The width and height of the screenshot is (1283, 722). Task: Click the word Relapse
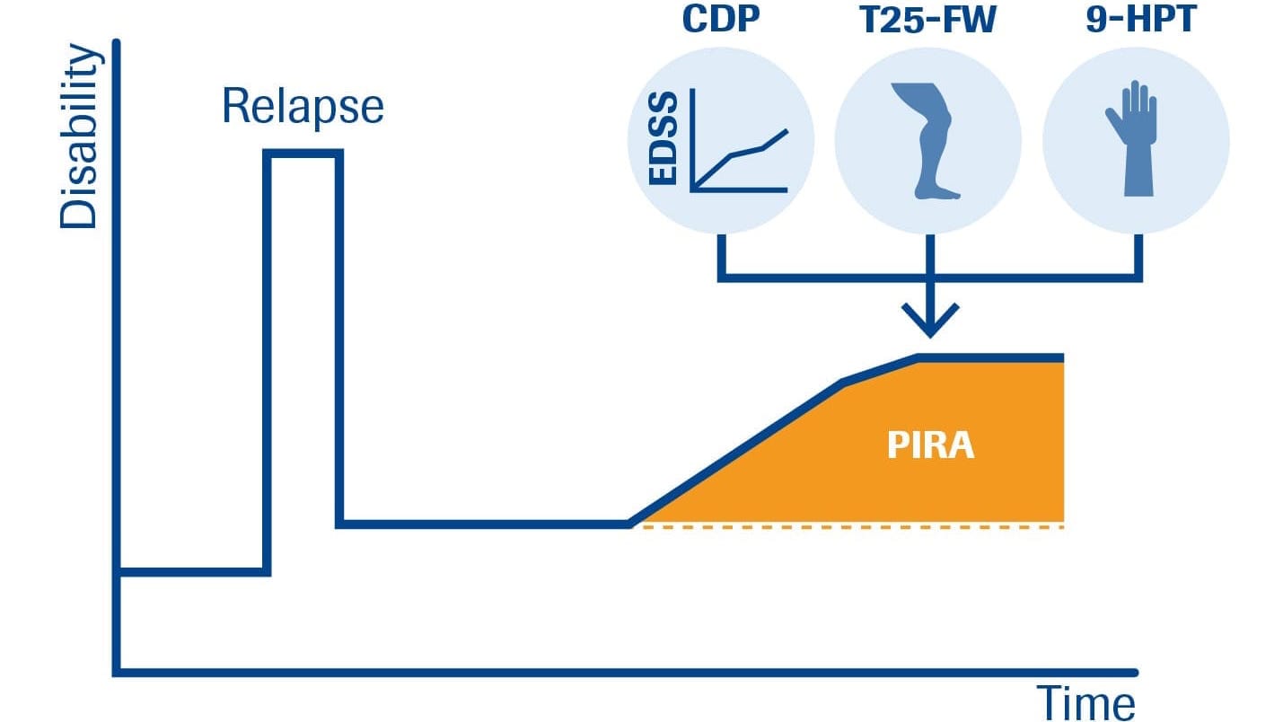(x=303, y=107)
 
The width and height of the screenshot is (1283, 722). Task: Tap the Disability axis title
(x=78, y=137)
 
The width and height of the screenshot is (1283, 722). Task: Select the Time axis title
(x=1085, y=701)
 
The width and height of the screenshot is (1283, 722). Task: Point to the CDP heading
(x=721, y=21)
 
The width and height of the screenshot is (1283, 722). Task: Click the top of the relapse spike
(x=303, y=154)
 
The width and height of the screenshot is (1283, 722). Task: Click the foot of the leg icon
(x=939, y=191)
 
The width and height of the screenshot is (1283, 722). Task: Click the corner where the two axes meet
(x=117, y=671)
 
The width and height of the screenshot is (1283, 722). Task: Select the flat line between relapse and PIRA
(x=485, y=524)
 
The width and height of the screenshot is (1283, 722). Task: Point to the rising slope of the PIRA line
(x=736, y=453)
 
